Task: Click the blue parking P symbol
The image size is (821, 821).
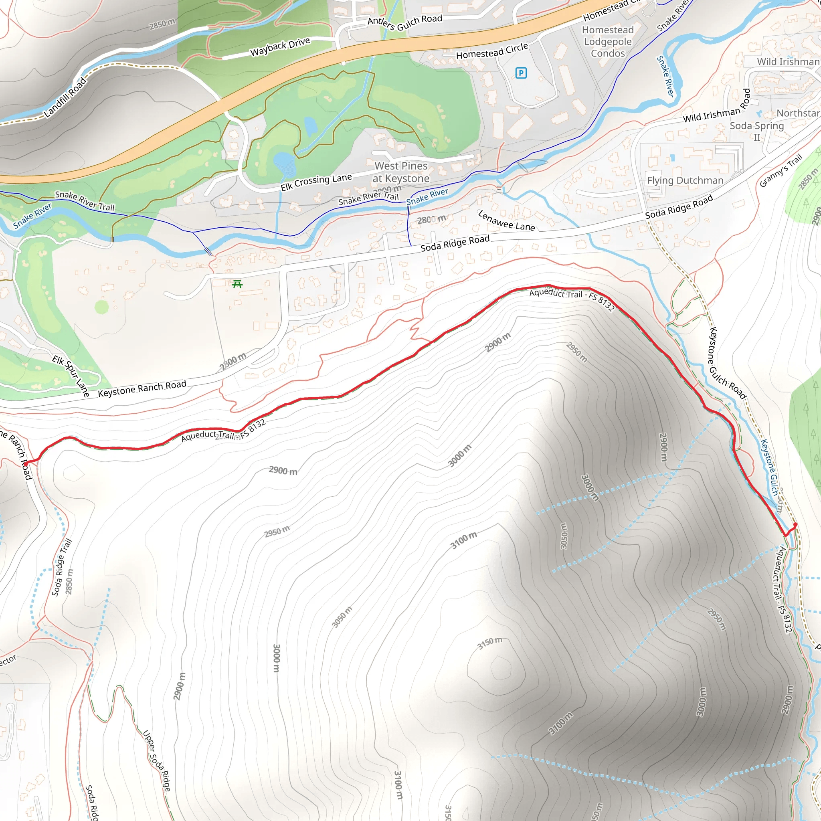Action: [521, 73]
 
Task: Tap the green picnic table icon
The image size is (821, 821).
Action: [238, 284]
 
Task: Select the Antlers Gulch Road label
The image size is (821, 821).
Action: [404, 22]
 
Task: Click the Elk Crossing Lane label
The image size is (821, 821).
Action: [316, 182]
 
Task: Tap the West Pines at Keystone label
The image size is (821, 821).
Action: [401, 172]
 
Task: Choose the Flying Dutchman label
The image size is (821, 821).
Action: [685, 181]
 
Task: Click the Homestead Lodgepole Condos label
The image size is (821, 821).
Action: [608, 42]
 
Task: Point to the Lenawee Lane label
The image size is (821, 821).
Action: [506, 221]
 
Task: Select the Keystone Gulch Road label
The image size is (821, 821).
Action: [727, 363]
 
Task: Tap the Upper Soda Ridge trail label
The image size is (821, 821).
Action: [156, 760]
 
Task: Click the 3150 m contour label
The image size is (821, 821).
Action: [489, 643]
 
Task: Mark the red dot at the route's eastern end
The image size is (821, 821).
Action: [795, 525]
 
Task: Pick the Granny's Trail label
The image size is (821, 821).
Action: [781, 170]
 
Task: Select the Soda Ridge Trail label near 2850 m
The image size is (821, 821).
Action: [62, 568]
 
